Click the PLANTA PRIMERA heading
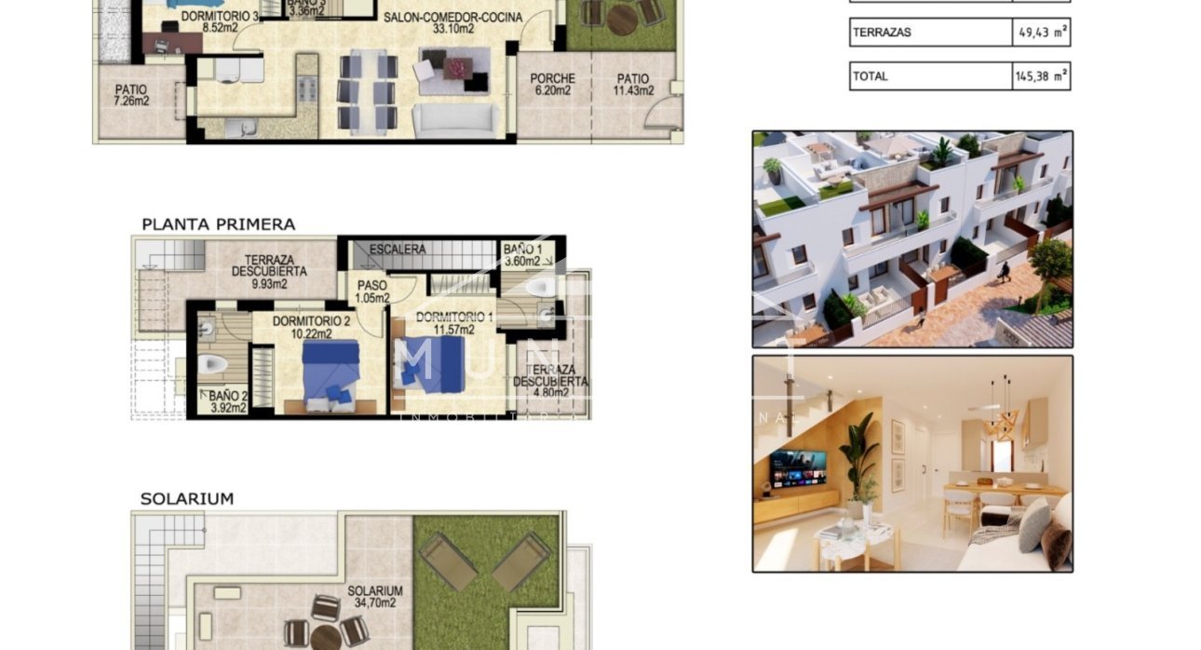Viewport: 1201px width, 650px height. click(x=218, y=224)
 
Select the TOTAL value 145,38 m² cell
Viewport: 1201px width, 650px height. click(x=1041, y=76)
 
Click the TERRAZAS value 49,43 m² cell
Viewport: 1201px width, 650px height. click(x=1041, y=33)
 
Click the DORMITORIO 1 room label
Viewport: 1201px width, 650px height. click(x=451, y=322)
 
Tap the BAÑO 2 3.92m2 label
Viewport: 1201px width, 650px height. click(x=227, y=401)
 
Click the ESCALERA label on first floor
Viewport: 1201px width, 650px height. click(x=398, y=250)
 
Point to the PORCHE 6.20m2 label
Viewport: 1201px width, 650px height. click(x=552, y=85)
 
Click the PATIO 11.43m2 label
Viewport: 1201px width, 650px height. click(x=632, y=85)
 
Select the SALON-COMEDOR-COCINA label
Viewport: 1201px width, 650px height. click(x=453, y=22)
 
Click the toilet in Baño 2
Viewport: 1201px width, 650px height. click(x=213, y=364)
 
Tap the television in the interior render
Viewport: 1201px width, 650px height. click(x=797, y=468)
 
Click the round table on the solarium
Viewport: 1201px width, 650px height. click(x=326, y=638)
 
